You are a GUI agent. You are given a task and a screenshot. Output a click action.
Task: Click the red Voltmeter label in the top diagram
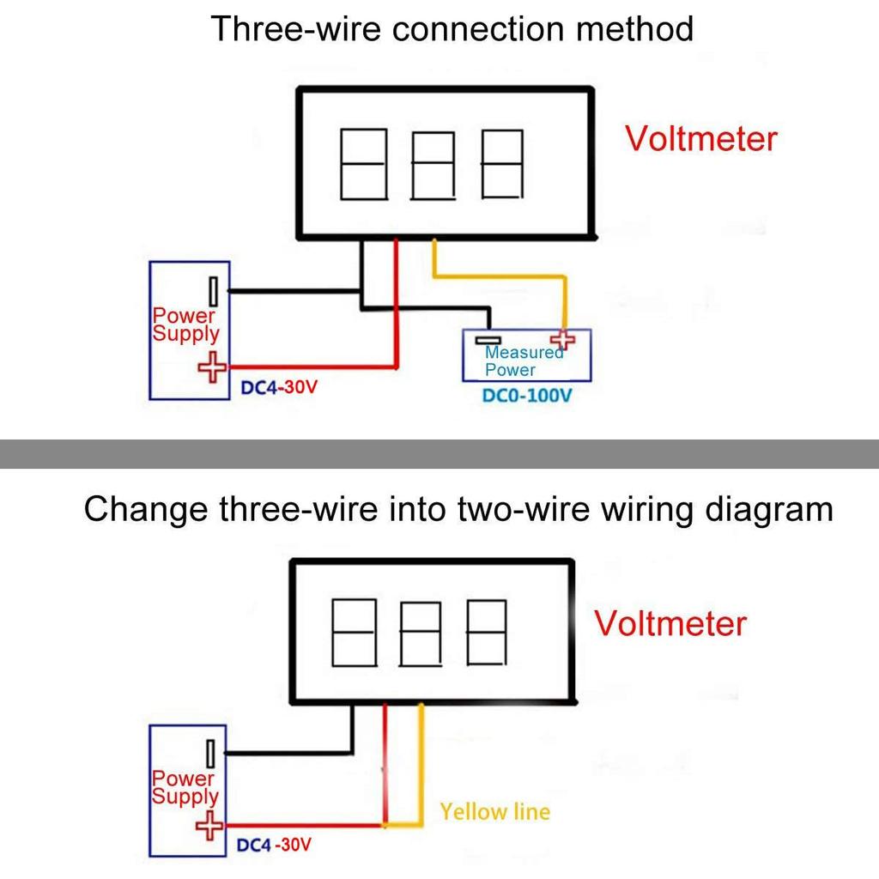pos(700,138)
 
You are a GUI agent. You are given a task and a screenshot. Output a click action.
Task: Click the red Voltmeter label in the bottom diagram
pos(670,622)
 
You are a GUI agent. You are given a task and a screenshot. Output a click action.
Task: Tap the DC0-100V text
pos(527,397)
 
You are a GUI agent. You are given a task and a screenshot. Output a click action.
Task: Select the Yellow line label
pos(494,811)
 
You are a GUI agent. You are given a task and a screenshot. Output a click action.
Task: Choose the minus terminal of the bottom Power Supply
pos(209,753)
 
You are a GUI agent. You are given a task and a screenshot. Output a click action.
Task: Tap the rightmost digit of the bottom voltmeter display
pos(486,632)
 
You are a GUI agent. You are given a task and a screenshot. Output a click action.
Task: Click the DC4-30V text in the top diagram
pos(279,387)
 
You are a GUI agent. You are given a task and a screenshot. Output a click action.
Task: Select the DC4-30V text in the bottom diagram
pos(274,845)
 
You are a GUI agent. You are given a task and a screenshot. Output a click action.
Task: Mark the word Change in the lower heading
pos(146,509)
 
